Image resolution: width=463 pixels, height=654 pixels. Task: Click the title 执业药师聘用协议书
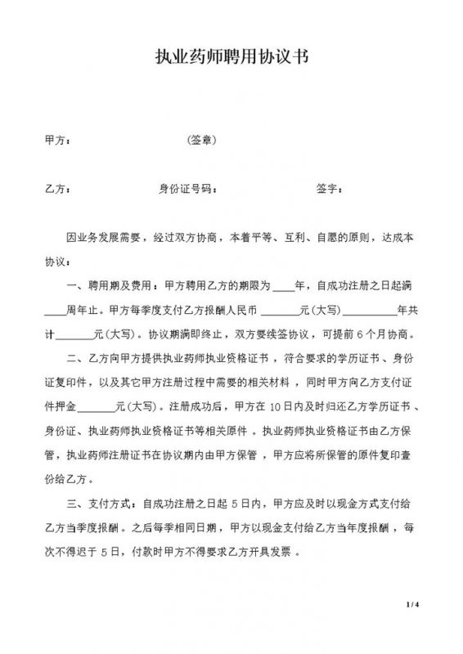tap(231, 59)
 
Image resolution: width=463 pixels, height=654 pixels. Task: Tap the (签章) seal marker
tap(201, 141)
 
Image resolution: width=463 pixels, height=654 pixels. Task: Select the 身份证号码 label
tap(187, 190)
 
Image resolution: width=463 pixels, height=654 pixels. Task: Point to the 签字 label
tap(329, 190)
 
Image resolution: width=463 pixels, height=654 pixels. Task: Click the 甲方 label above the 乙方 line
tap(56, 141)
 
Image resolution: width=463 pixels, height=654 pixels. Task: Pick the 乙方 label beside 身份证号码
tap(56, 190)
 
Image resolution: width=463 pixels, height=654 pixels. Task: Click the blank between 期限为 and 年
tap(283, 287)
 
